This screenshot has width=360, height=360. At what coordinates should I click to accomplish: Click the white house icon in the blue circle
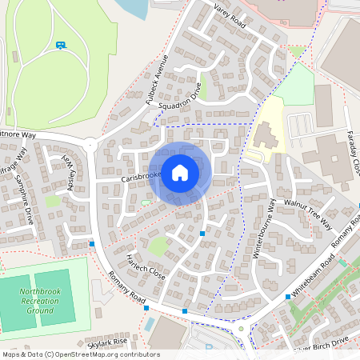coord(180,172)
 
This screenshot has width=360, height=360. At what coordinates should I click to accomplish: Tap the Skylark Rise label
coord(109,342)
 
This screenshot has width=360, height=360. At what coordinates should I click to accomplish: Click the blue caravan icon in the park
coord(62,45)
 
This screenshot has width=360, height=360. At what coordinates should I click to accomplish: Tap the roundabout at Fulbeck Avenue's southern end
coord(90,146)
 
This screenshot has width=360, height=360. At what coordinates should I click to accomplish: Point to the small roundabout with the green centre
coord(241,327)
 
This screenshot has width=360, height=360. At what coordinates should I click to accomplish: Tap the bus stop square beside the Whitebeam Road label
coord(288,297)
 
